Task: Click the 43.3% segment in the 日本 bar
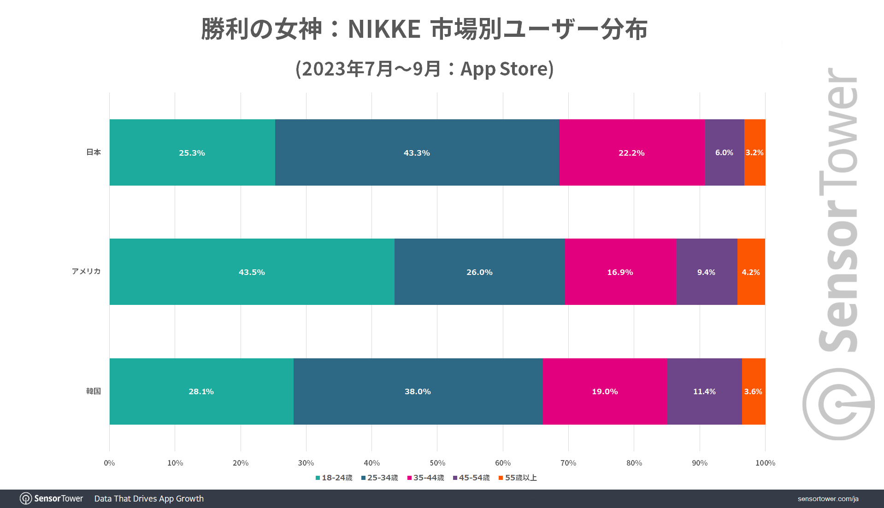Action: tap(417, 152)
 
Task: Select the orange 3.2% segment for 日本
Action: tap(754, 152)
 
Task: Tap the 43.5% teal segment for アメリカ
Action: tap(252, 272)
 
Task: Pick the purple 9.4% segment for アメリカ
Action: tap(706, 272)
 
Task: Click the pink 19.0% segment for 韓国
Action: tap(605, 391)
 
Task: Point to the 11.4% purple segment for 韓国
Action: tap(704, 391)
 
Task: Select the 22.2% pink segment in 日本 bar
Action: tap(631, 152)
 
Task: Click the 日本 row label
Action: tap(94, 152)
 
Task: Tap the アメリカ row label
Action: tap(86, 271)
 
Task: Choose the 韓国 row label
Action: tap(94, 391)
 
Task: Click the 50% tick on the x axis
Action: tap(437, 463)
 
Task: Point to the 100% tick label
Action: tap(765, 463)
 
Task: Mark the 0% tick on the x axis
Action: tap(109, 463)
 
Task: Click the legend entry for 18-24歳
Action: tap(334, 478)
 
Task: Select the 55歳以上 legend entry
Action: tap(518, 478)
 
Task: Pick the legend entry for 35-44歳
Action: tap(426, 478)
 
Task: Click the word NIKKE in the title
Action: tap(384, 29)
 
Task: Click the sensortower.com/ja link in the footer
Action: tap(828, 499)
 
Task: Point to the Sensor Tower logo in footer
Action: tap(52, 498)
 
